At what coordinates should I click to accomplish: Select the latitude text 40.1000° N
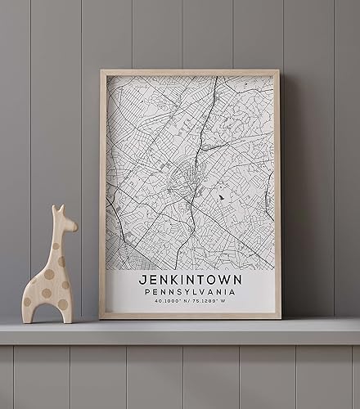[168, 302]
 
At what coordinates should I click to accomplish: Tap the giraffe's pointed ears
[57, 209]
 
